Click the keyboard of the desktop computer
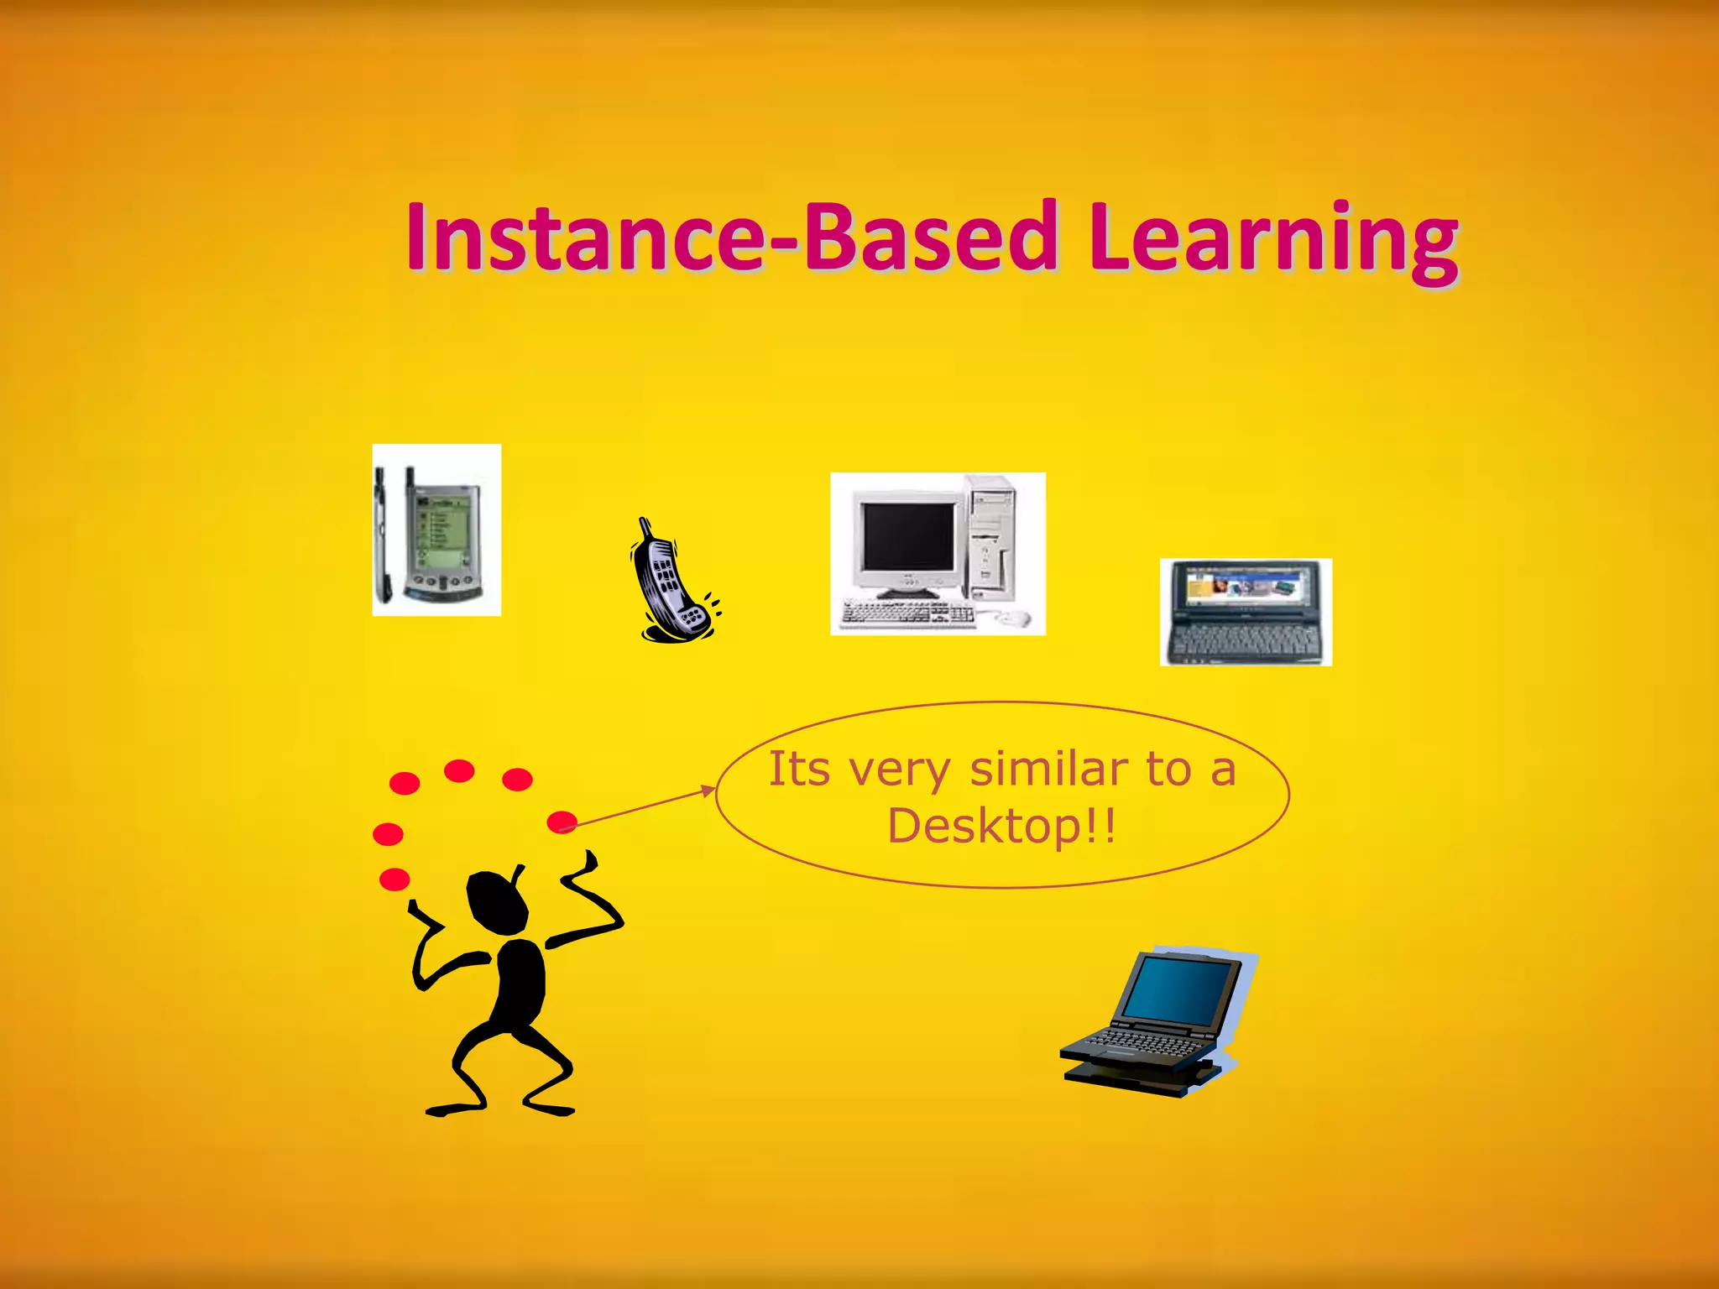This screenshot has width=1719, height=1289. click(908, 613)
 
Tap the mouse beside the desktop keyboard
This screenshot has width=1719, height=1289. click(1012, 618)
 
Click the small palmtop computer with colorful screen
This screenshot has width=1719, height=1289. click(1246, 612)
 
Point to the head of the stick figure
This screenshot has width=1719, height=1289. click(497, 903)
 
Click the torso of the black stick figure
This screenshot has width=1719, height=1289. click(520, 982)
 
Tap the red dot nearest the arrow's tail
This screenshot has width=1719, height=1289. click(562, 822)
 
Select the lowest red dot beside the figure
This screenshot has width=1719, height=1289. click(394, 879)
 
